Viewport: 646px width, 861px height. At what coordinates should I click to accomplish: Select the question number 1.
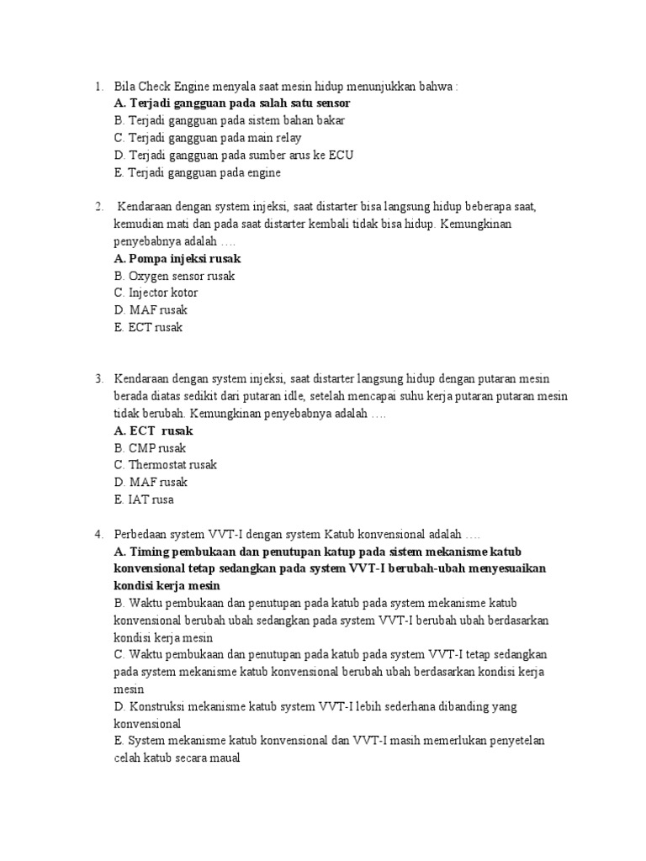tap(98, 87)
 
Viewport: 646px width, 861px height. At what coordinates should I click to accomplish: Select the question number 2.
tap(98, 207)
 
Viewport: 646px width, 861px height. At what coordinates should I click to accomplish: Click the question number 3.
tap(98, 379)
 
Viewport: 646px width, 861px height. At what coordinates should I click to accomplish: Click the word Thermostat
tap(159, 465)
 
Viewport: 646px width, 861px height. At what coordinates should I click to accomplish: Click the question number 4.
tap(98, 534)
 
